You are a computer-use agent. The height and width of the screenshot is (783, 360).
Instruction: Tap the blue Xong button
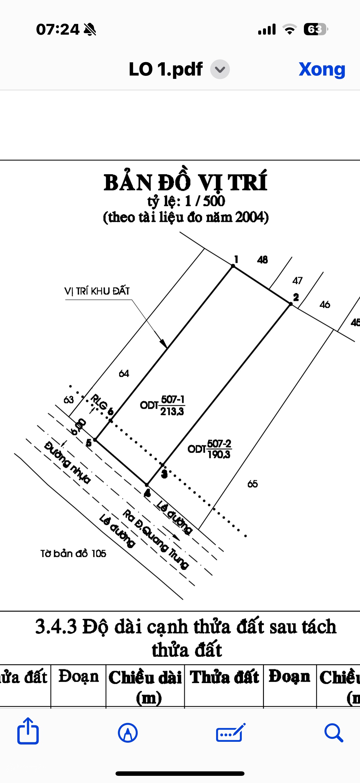tap(322, 69)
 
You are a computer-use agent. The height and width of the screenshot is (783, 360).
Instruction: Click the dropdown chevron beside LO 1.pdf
tap(220, 69)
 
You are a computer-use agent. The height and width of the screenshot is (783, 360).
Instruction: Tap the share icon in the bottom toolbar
tap(28, 731)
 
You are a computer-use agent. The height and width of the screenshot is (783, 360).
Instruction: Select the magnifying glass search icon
tap(333, 733)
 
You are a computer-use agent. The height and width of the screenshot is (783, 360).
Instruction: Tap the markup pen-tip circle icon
tap(127, 733)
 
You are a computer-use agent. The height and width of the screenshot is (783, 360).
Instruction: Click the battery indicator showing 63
tap(315, 30)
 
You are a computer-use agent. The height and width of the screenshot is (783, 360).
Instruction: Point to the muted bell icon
tap(90, 30)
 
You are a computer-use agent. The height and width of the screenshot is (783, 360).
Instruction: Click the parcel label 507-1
tap(173, 399)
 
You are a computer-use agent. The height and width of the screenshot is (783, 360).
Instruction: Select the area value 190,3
tap(219, 455)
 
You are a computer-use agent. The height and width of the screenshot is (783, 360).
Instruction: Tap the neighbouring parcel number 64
tap(124, 373)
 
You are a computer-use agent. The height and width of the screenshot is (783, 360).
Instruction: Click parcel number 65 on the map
tap(253, 483)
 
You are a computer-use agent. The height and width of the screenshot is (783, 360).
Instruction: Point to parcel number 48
tap(262, 260)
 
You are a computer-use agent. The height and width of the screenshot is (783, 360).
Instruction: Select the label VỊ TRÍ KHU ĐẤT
tap(97, 291)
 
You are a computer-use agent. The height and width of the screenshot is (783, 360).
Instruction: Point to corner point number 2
tap(296, 297)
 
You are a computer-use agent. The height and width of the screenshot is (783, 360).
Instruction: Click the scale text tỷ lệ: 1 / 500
tap(186, 201)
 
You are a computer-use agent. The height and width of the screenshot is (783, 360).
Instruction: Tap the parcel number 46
tap(325, 304)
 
